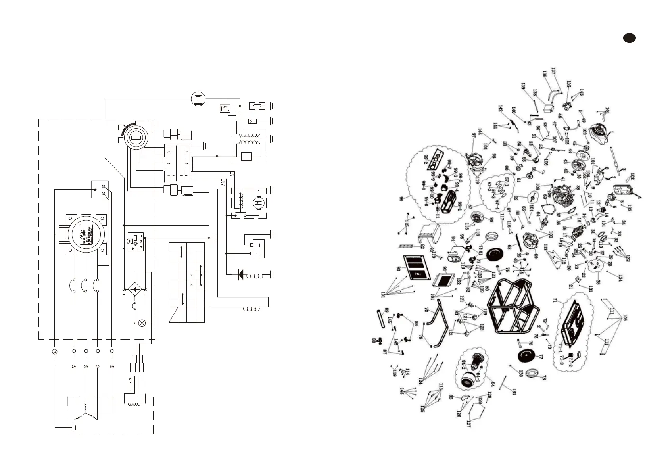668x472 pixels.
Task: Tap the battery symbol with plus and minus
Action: pos(259,249)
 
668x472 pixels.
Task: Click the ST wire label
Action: pos(232,173)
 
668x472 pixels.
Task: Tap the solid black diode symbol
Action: pos(240,274)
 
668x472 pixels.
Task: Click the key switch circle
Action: pos(135,138)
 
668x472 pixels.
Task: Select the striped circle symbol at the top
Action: pos(198,98)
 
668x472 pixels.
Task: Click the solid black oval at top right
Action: pos(629,38)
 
